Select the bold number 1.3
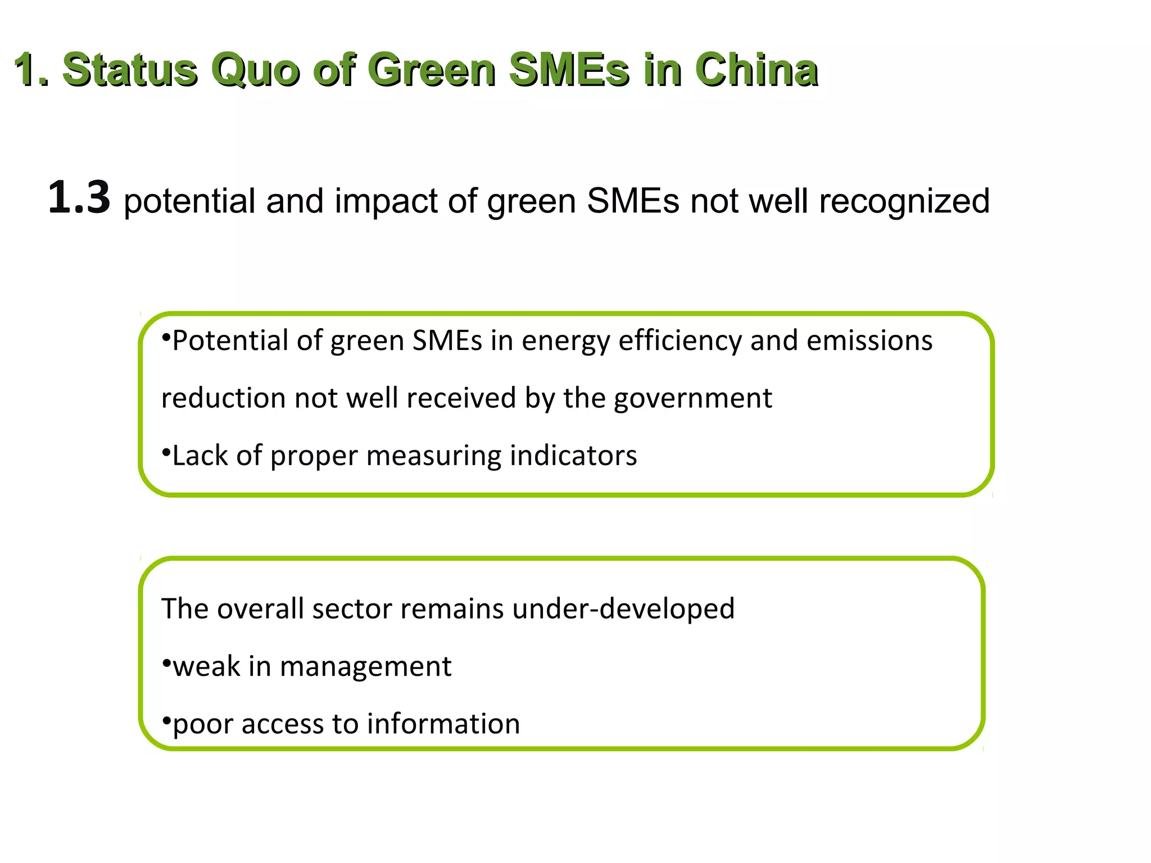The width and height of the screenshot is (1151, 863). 79,197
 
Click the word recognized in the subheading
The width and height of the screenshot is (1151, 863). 904,201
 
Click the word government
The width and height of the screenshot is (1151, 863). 692,398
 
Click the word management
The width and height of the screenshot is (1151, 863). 365,667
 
